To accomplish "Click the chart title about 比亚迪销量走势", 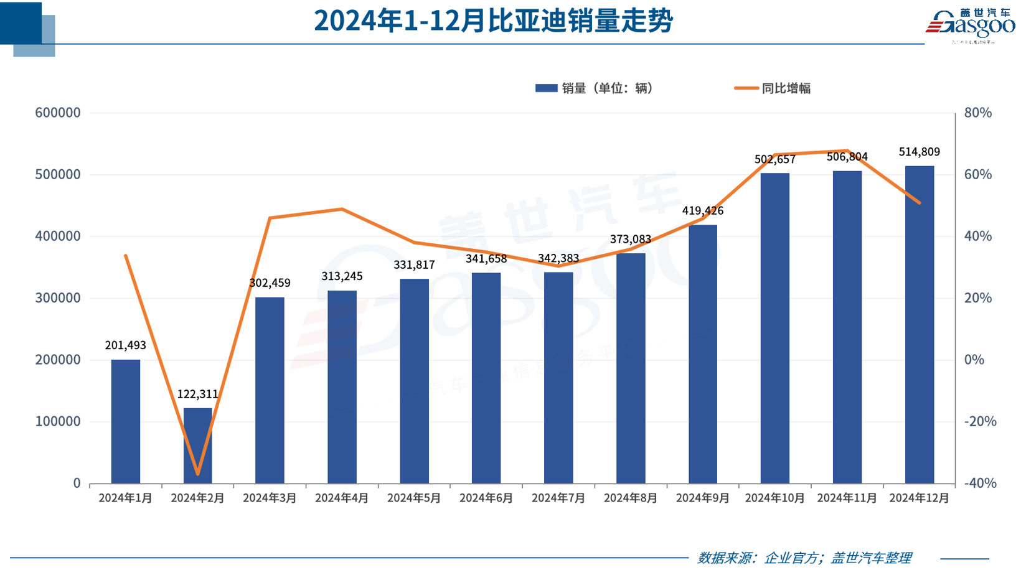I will click(x=493, y=21).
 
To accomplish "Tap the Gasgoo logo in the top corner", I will click(x=970, y=25).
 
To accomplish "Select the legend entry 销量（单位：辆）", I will click(x=595, y=88).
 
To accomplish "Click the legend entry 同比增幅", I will click(x=773, y=88).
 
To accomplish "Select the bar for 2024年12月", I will click(x=919, y=324).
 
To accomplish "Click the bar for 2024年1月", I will click(x=126, y=421).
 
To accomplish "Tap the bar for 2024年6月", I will click(x=486, y=378).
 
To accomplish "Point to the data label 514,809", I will click(x=919, y=152).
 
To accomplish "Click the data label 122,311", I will click(x=198, y=394).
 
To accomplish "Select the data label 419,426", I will click(x=703, y=211).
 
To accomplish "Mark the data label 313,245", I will click(x=342, y=276).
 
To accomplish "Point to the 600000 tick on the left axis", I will click(x=58, y=113).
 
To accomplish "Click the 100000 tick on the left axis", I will click(x=58, y=421).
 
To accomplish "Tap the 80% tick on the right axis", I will click(x=977, y=113).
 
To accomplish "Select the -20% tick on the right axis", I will click(x=980, y=421).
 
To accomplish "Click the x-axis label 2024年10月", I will click(x=774, y=498).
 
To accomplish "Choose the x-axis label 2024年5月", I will click(x=414, y=498).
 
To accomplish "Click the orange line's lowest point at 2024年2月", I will click(x=198, y=474).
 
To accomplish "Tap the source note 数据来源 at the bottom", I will click(x=804, y=558).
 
